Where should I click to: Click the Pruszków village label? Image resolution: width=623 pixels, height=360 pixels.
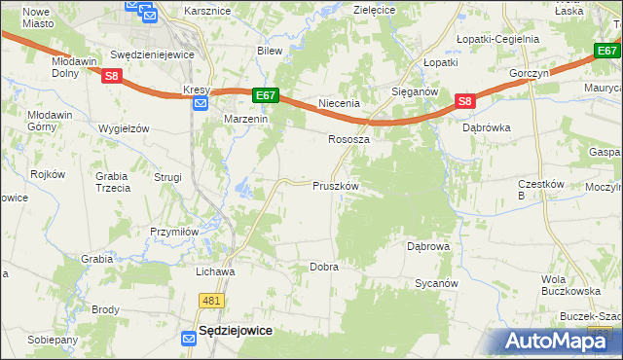(x=336, y=186)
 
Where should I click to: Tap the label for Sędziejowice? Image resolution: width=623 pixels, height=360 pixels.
(x=235, y=331)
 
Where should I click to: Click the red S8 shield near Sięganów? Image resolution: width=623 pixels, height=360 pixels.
(x=464, y=101)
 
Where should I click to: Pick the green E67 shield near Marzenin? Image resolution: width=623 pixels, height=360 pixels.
(x=266, y=94)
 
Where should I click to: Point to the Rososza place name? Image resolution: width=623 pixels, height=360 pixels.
(x=348, y=139)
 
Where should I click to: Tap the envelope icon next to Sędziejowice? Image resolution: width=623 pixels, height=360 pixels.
(x=189, y=337)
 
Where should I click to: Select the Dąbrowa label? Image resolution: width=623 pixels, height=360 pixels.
(x=428, y=247)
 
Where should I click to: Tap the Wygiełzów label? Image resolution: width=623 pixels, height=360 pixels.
(x=124, y=128)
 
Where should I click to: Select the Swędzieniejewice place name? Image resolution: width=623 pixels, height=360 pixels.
(x=153, y=55)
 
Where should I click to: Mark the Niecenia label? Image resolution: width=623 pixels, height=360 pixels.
(x=340, y=102)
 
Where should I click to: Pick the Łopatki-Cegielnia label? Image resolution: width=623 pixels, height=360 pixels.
(x=496, y=39)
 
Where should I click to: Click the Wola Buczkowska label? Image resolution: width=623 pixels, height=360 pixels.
(x=569, y=285)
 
